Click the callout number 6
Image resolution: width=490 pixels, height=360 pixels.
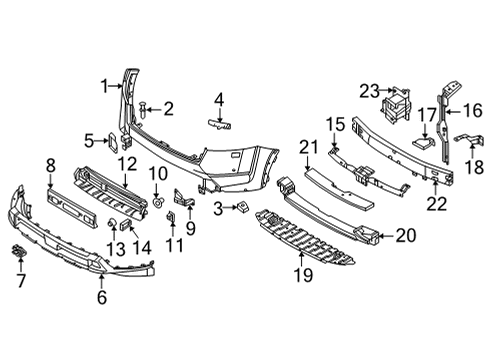(100, 296)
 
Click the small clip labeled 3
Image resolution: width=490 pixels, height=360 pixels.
(243, 208)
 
